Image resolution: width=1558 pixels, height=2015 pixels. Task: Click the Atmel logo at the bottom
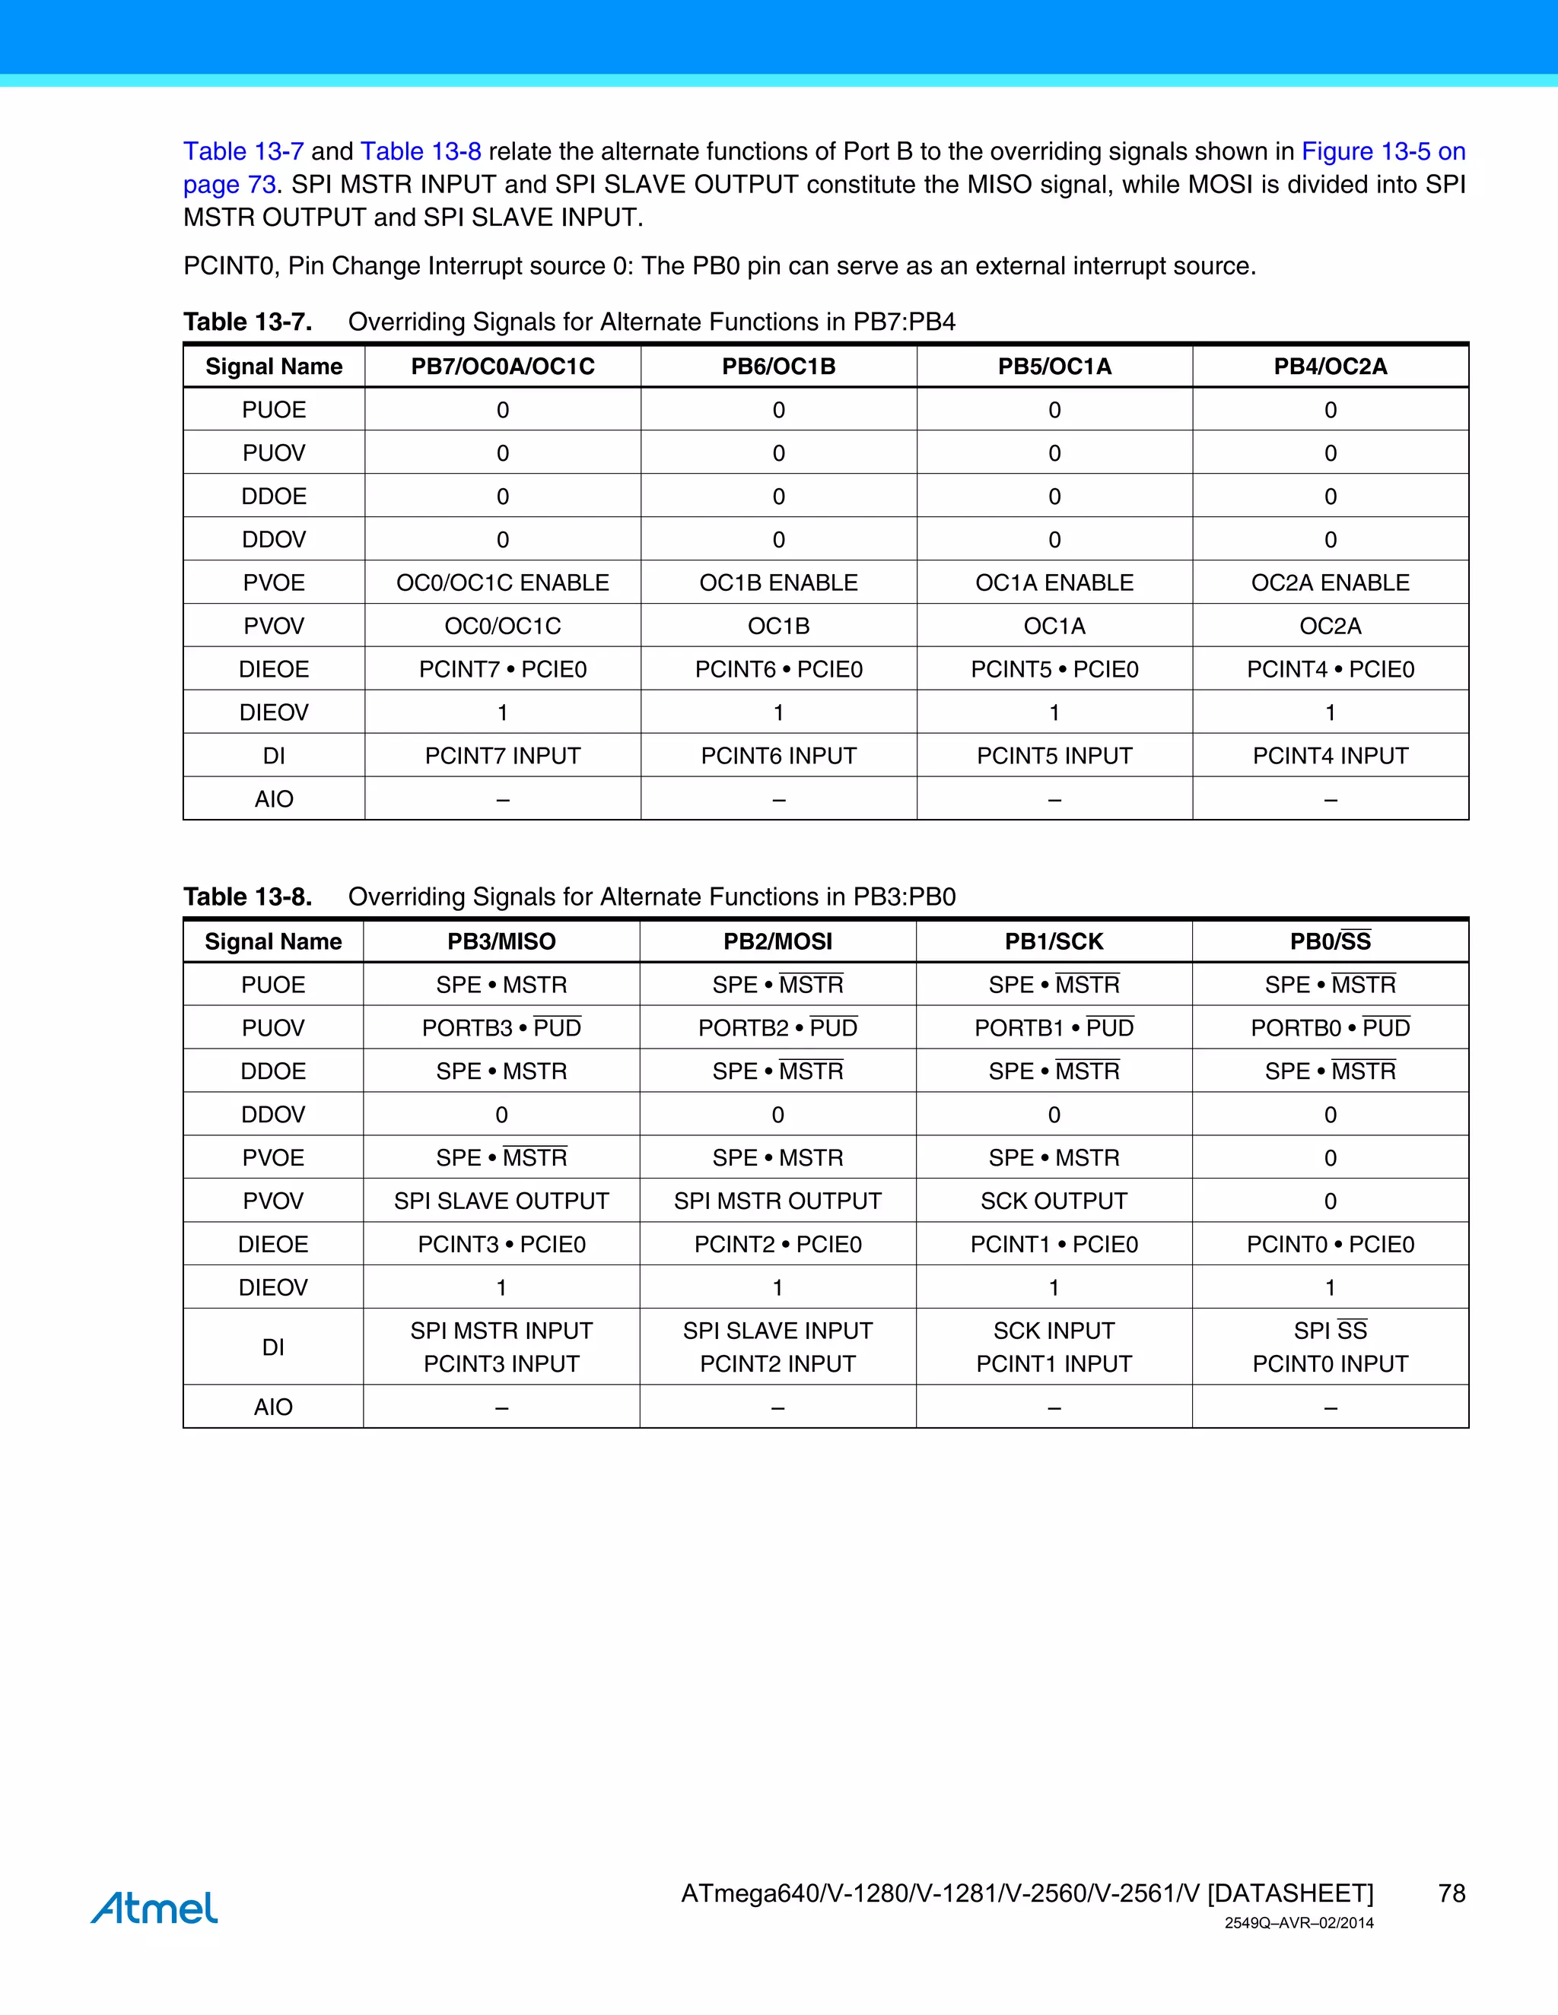(x=154, y=1907)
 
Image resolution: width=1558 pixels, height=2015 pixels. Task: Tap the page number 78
(x=1451, y=1893)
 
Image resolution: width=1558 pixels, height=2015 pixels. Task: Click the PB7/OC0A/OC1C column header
(x=502, y=367)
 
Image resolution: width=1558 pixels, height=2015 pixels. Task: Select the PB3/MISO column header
(x=501, y=941)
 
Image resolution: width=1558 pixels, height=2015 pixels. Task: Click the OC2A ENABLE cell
(x=1330, y=582)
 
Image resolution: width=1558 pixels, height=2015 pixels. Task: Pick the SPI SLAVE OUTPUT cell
(x=501, y=1201)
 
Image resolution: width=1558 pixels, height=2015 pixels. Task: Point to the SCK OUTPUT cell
(x=1054, y=1201)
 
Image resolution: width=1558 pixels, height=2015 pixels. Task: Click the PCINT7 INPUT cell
(x=502, y=756)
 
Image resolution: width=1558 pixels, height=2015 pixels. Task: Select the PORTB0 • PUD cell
(x=1330, y=1028)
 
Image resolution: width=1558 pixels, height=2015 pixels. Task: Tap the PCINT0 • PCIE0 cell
(x=1330, y=1244)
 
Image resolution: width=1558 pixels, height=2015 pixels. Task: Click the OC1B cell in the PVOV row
(x=778, y=626)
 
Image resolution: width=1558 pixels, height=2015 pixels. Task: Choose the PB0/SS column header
(x=1330, y=941)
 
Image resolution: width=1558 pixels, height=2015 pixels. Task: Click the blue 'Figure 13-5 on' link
(x=1382, y=151)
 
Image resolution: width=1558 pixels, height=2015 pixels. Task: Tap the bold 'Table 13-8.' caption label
(x=247, y=896)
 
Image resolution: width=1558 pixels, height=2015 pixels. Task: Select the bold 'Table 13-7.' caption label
(x=247, y=322)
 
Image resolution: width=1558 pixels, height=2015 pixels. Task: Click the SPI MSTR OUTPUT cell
(x=777, y=1201)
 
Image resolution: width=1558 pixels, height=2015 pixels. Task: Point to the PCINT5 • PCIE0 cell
(x=1054, y=669)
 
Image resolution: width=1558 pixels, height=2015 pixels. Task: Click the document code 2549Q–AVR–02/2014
(x=1299, y=1923)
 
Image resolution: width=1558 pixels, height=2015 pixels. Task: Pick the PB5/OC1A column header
(x=1054, y=367)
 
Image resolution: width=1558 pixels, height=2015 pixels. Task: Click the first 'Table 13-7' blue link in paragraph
(x=243, y=151)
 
